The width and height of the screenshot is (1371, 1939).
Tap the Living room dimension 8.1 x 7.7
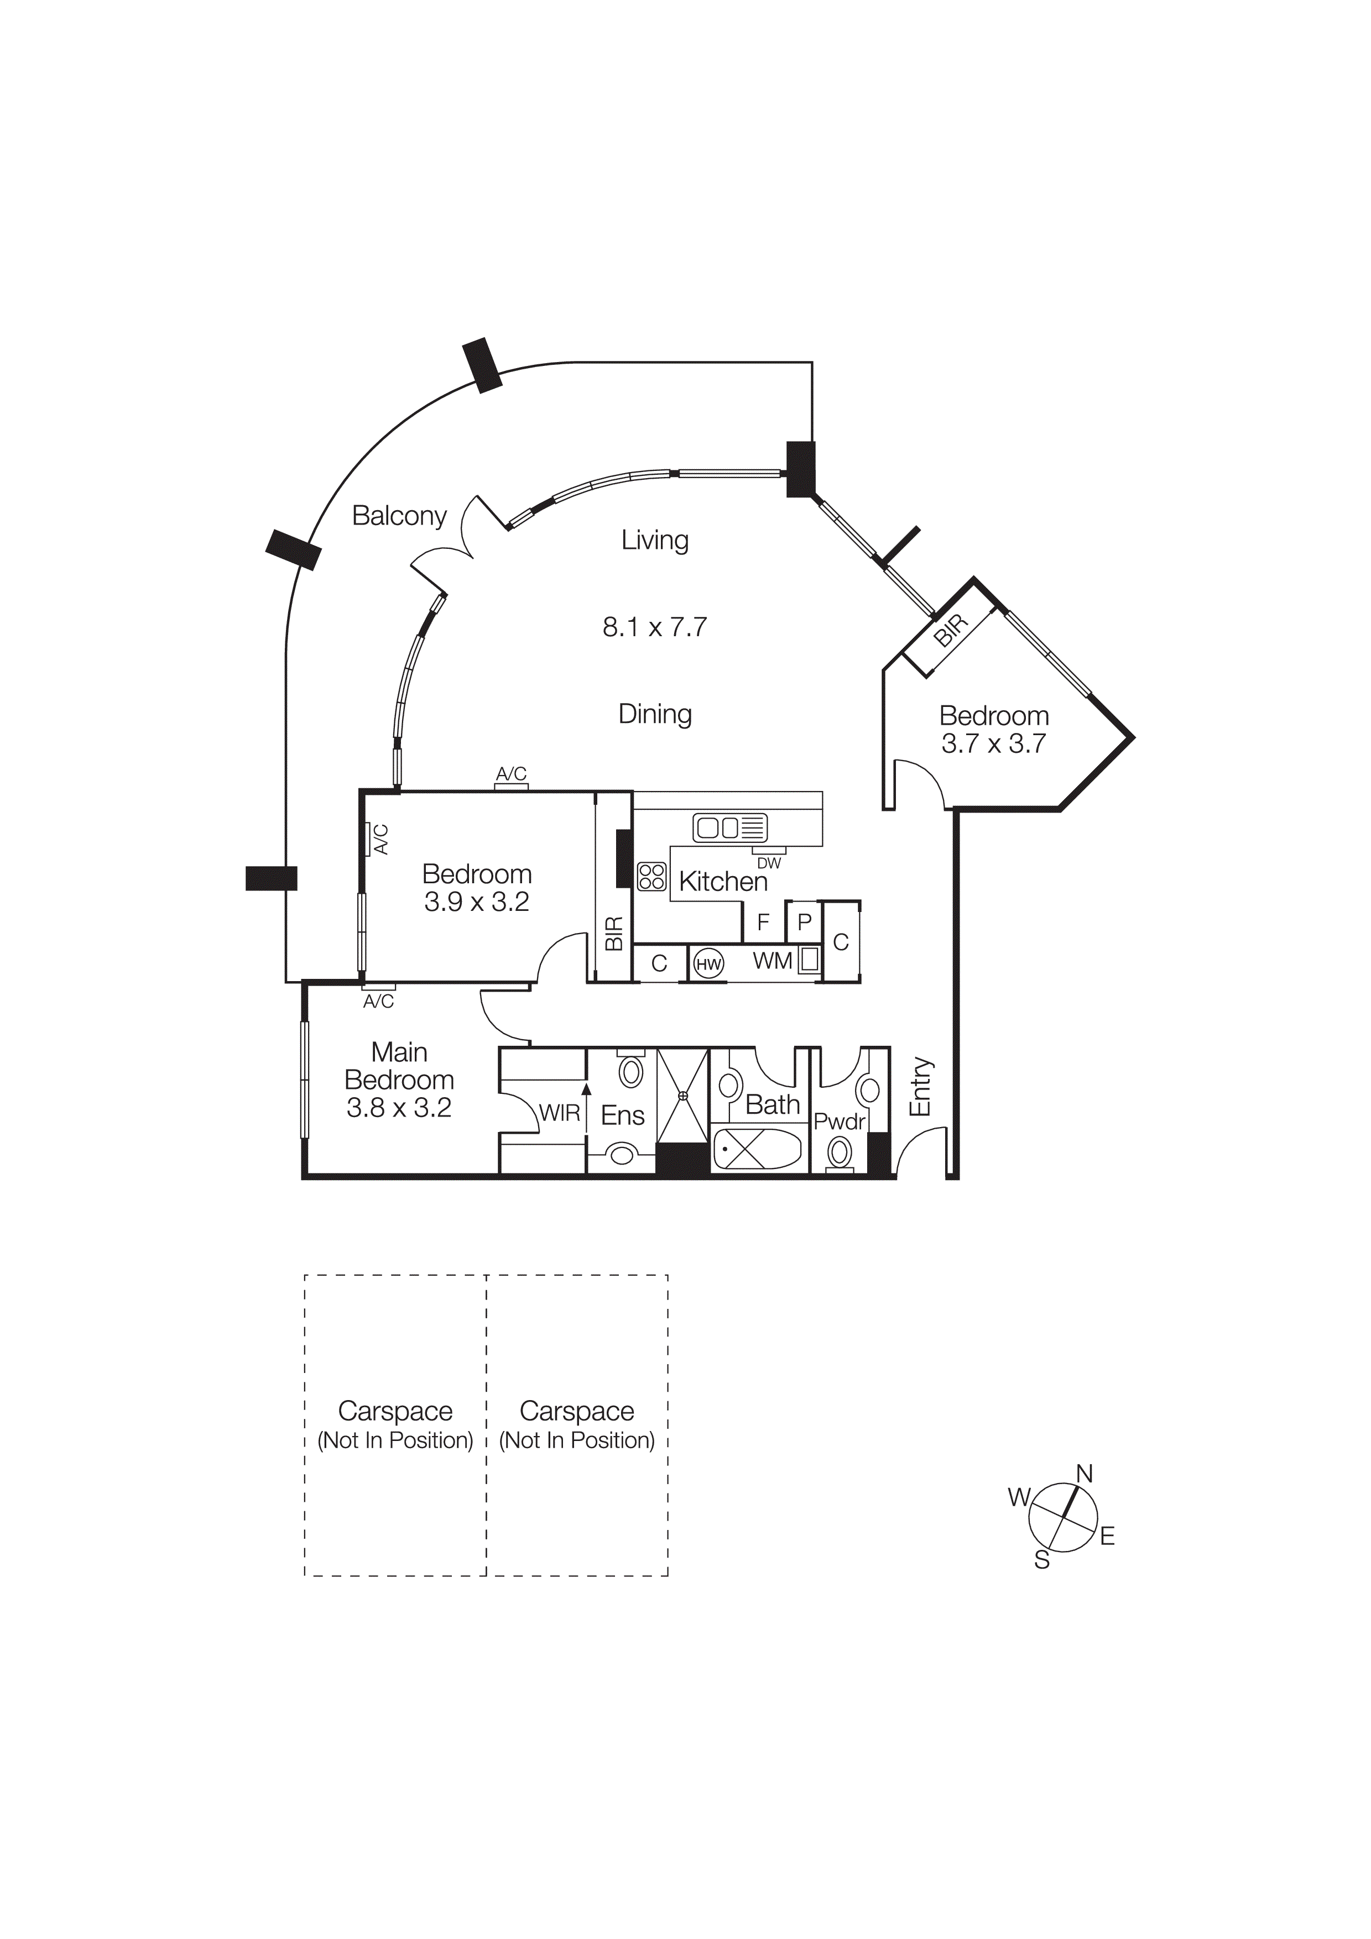(x=655, y=627)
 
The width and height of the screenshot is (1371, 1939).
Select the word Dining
(x=655, y=715)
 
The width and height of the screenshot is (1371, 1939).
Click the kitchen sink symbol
(x=730, y=827)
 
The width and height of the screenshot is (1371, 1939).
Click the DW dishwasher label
(x=769, y=864)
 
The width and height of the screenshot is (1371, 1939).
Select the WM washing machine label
(x=772, y=961)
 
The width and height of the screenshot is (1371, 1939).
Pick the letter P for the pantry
(x=804, y=923)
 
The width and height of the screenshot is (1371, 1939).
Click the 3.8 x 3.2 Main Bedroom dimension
(x=399, y=1108)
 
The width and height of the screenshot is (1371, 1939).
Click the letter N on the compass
(x=1085, y=1475)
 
